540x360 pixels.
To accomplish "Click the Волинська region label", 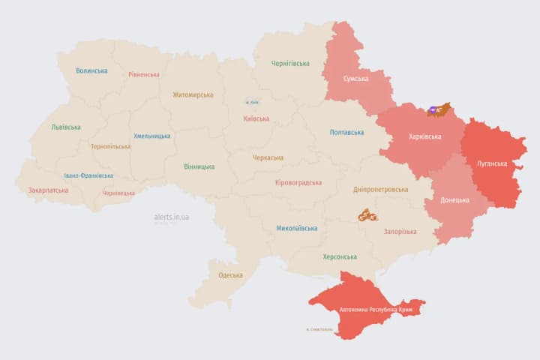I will [91, 71].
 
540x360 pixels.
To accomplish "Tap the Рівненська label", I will [144, 75].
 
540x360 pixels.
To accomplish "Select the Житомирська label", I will [193, 94].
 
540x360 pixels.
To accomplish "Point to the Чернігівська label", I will [290, 64].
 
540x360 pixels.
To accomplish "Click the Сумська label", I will [355, 79].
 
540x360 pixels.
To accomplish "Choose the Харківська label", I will [425, 137].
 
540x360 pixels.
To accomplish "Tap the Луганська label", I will [492, 163].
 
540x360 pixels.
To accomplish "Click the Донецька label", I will [454, 200].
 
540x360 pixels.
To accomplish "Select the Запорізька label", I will [400, 232].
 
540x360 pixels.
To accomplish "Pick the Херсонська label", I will [340, 256].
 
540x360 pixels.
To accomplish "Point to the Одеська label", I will [230, 275].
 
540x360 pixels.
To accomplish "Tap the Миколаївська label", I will [296, 228].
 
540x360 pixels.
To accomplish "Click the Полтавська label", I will [346, 132].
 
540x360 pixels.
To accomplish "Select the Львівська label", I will [66, 127].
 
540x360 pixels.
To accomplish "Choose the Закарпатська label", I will [48, 190].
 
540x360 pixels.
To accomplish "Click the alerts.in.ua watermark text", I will [172, 217].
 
